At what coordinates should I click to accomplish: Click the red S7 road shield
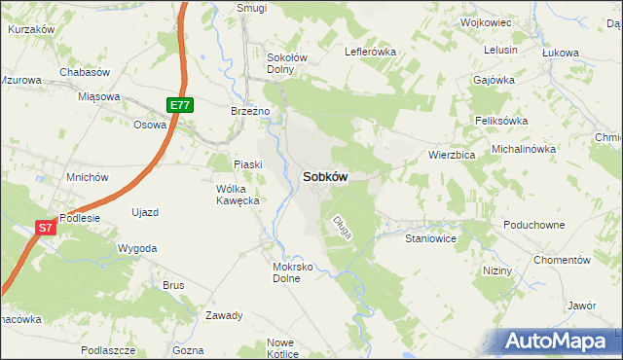[x=45, y=228]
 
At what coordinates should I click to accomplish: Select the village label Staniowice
[x=430, y=237]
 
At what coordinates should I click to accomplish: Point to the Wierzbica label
[x=451, y=155]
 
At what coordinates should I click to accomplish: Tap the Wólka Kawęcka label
[x=237, y=194]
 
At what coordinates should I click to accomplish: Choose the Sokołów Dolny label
[x=287, y=63]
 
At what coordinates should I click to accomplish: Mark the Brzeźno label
[x=249, y=111]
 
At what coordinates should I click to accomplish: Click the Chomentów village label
[x=563, y=261]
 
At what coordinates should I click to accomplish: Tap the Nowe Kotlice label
[x=280, y=347]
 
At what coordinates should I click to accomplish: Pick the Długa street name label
[x=341, y=226]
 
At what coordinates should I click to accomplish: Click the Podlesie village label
[x=80, y=218]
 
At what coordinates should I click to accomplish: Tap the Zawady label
[x=224, y=315]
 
